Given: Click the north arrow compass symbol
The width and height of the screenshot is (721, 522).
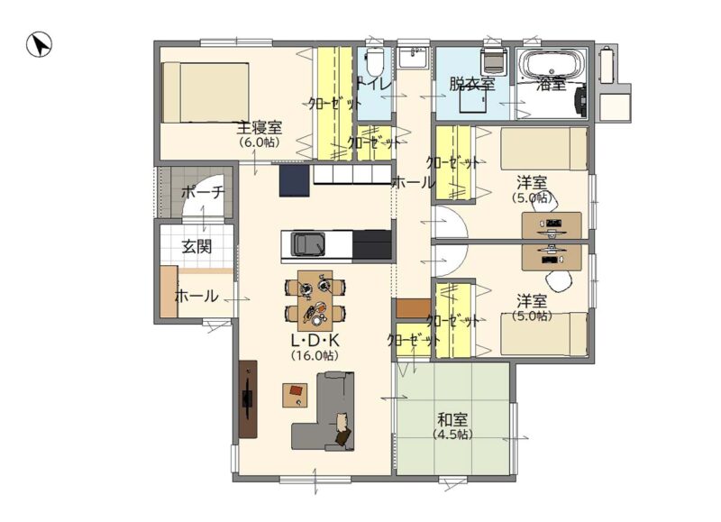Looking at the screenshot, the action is click(39, 44).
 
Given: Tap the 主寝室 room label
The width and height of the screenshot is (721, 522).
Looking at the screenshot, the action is click(260, 127).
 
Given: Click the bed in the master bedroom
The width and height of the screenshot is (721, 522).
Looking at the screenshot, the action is click(205, 93).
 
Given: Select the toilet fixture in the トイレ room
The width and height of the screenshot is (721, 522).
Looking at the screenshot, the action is click(374, 62).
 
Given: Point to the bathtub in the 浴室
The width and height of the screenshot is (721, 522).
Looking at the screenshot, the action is click(552, 66).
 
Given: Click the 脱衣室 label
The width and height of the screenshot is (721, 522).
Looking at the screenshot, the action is click(471, 84).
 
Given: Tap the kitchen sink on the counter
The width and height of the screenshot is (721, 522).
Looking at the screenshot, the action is click(308, 244).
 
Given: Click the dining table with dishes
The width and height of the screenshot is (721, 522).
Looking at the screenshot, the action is click(315, 300).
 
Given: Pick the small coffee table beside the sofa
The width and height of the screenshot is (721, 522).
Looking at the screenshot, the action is click(295, 395).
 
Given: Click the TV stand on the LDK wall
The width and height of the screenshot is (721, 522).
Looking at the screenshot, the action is click(248, 398).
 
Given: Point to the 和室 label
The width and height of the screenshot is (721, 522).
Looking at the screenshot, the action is click(452, 420).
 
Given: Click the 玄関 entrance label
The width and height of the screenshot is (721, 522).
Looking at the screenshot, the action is click(196, 246).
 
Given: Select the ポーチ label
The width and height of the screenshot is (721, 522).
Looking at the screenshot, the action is click(203, 192).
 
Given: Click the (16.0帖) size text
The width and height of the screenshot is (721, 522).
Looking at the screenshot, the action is click(315, 355).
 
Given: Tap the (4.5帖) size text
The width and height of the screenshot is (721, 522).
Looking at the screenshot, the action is click(452, 435).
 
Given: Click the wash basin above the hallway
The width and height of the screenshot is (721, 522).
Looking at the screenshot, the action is click(413, 58).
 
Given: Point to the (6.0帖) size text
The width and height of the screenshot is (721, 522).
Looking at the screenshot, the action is click(260, 142).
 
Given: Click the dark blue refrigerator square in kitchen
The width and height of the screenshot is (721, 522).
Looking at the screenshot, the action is click(295, 180).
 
